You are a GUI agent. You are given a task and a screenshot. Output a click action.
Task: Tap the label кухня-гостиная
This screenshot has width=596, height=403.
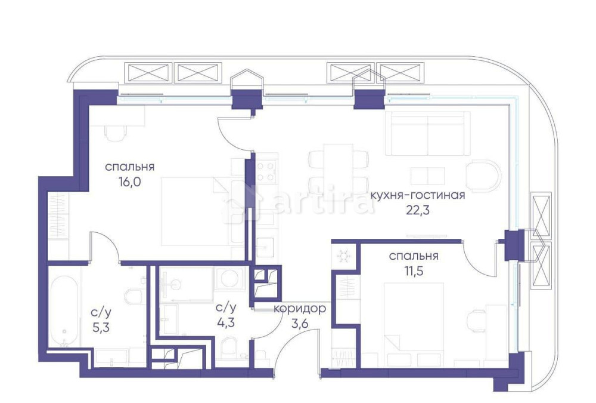point(417,195)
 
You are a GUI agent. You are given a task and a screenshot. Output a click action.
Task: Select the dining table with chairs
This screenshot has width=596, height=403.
point(337,168)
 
